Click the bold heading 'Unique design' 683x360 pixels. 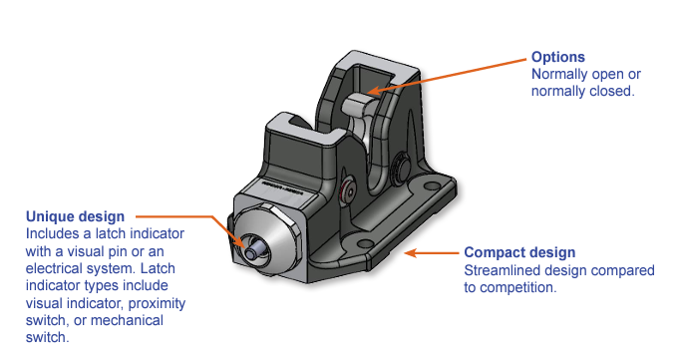pyautogui.click(x=75, y=216)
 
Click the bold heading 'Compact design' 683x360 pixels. pyautogui.click(x=519, y=252)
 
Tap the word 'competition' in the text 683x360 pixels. pyautogui.click(x=518, y=286)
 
